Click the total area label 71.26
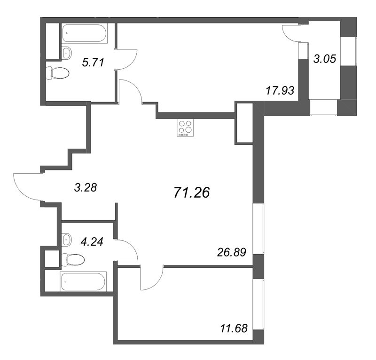pos(191,192)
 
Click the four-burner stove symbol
pos(185,128)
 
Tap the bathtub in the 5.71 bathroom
pos(85,33)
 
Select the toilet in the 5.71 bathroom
pos(57,72)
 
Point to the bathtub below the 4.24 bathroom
pos(83,281)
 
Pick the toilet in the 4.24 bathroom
pos(73,258)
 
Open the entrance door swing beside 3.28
pos(27,187)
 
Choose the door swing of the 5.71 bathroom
pos(127,59)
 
